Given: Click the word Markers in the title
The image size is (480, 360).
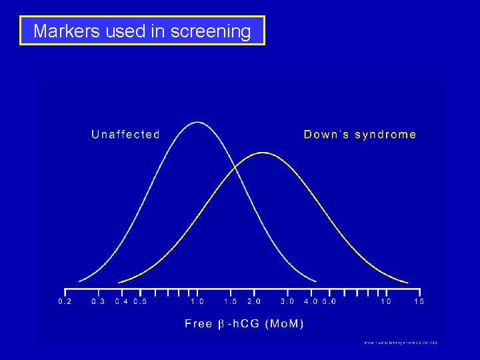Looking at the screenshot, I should [x=63, y=31].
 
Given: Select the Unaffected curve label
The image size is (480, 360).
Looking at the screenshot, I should [x=125, y=135].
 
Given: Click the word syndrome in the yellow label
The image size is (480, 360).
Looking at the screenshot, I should [x=386, y=135].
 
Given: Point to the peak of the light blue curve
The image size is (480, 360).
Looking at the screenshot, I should [x=197, y=123].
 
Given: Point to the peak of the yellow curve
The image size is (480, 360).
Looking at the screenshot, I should [x=264, y=153].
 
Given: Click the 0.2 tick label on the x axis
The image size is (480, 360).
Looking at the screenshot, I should [x=65, y=302].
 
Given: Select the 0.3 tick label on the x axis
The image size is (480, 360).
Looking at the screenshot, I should [x=99, y=302].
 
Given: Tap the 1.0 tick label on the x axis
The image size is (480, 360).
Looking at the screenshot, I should [x=197, y=302].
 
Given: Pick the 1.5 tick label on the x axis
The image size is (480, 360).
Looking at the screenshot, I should [x=231, y=302].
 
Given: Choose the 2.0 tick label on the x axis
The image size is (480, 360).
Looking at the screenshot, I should [x=254, y=302].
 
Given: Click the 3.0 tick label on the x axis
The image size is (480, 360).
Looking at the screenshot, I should [x=287, y=302].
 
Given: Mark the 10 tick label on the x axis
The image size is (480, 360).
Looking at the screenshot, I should [x=386, y=302].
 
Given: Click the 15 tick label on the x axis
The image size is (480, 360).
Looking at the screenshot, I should [x=419, y=302].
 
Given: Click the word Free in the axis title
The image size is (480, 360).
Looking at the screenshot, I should [x=198, y=324].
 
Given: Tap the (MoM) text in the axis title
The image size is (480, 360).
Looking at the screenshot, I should [x=284, y=324].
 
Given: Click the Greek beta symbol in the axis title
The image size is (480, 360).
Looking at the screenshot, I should [x=221, y=325].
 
